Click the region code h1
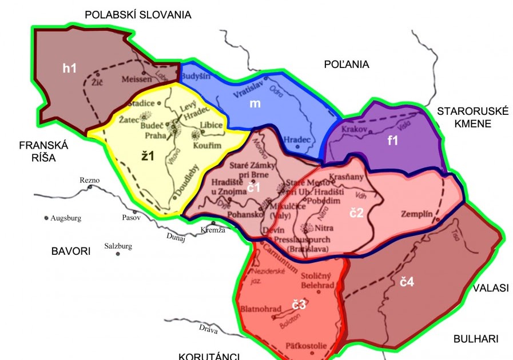point(69,69)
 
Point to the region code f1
point(392,141)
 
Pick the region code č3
point(299,305)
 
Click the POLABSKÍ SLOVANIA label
point(138,15)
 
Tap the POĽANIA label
point(345,65)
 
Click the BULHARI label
point(476,339)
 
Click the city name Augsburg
point(66,218)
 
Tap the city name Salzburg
point(118,246)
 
